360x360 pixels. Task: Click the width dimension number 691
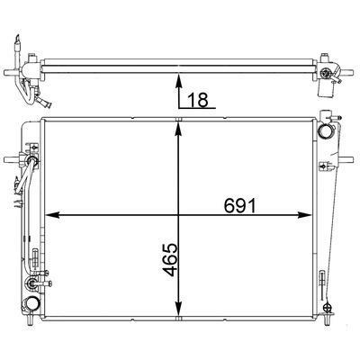click(240, 205)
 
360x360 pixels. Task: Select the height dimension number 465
click(170, 259)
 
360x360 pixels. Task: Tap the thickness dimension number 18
click(198, 100)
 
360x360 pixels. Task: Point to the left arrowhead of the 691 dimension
click(51, 215)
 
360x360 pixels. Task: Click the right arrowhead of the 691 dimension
click(304, 215)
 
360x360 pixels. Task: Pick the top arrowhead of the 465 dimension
click(179, 130)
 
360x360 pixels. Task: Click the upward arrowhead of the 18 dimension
click(179, 81)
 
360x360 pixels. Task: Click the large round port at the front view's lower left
click(31, 303)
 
